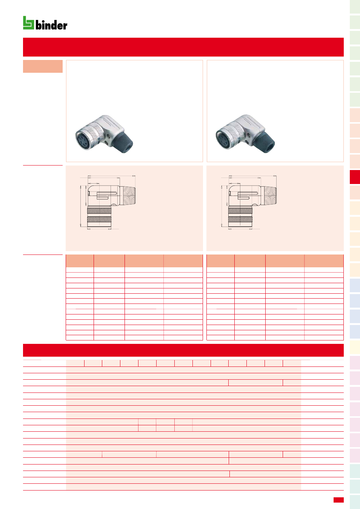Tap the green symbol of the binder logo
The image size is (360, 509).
tap(28, 23)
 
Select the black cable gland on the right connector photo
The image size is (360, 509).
tap(265, 142)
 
